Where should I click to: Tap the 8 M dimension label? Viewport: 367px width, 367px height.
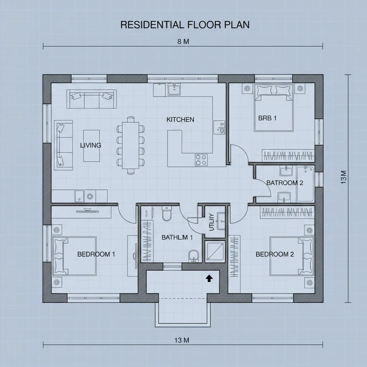pyautogui.click(x=183, y=41)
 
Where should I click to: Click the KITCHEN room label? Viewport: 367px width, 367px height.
pyautogui.click(x=180, y=120)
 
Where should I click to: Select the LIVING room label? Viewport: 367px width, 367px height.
pyautogui.click(x=90, y=145)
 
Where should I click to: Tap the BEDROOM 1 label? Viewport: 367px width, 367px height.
pyautogui.click(x=96, y=254)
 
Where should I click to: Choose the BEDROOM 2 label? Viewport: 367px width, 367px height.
pyautogui.click(x=275, y=254)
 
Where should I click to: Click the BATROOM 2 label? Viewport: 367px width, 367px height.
pyautogui.click(x=285, y=183)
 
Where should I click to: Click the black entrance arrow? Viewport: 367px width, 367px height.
pyautogui.click(x=208, y=278)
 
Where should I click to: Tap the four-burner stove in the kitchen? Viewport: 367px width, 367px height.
pyautogui.click(x=201, y=159)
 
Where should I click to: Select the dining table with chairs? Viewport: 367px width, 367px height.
pyautogui.click(x=130, y=145)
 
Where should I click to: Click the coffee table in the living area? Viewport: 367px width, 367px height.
pyautogui.click(x=92, y=146)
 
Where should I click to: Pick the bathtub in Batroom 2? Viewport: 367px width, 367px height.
pyautogui.click(x=305, y=184)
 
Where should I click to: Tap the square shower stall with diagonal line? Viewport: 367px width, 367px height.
pyautogui.click(x=215, y=252)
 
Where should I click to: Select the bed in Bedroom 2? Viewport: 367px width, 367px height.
pyautogui.click(x=291, y=255)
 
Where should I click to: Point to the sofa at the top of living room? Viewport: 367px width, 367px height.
pyautogui.click(x=91, y=99)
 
